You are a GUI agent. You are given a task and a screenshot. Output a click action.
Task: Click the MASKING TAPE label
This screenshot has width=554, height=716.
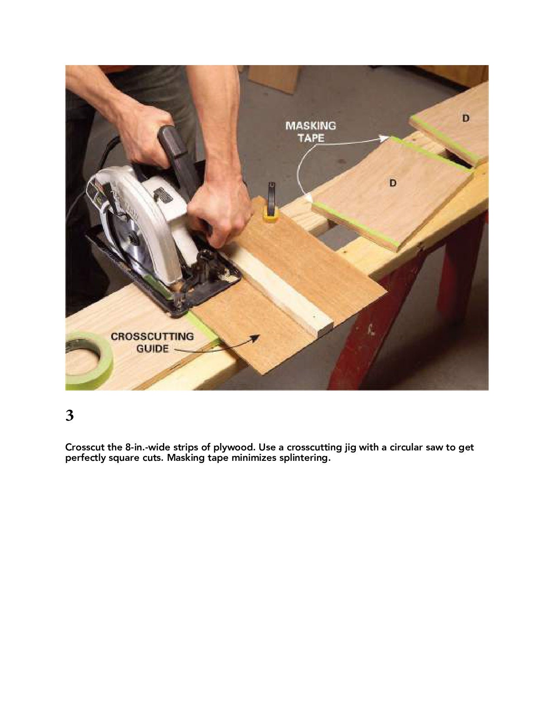coord(310,132)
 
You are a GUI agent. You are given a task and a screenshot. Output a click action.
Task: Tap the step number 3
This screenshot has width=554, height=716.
coord(70,416)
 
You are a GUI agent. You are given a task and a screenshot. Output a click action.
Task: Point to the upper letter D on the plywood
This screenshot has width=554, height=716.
coord(466,118)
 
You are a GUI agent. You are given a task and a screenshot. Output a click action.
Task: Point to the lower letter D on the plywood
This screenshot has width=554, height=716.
coord(393,183)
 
